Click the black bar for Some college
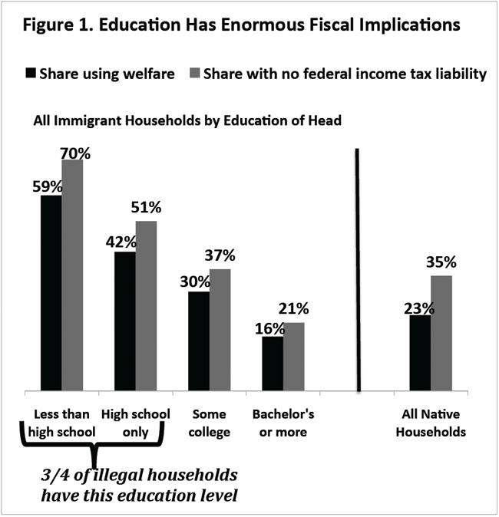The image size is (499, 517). [x=199, y=341]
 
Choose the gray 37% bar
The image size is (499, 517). [x=220, y=329]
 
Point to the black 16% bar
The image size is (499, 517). [x=273, y=363]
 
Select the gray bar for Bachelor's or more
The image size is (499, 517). [x=294, y=356]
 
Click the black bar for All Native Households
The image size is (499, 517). [x=420, y=352]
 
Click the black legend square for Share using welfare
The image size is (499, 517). [x=31, y=74]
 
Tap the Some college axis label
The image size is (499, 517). [x=208, y=423]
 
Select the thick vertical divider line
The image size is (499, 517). [x=359, y=268]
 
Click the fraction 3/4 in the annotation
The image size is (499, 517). [x=53, y=473]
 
